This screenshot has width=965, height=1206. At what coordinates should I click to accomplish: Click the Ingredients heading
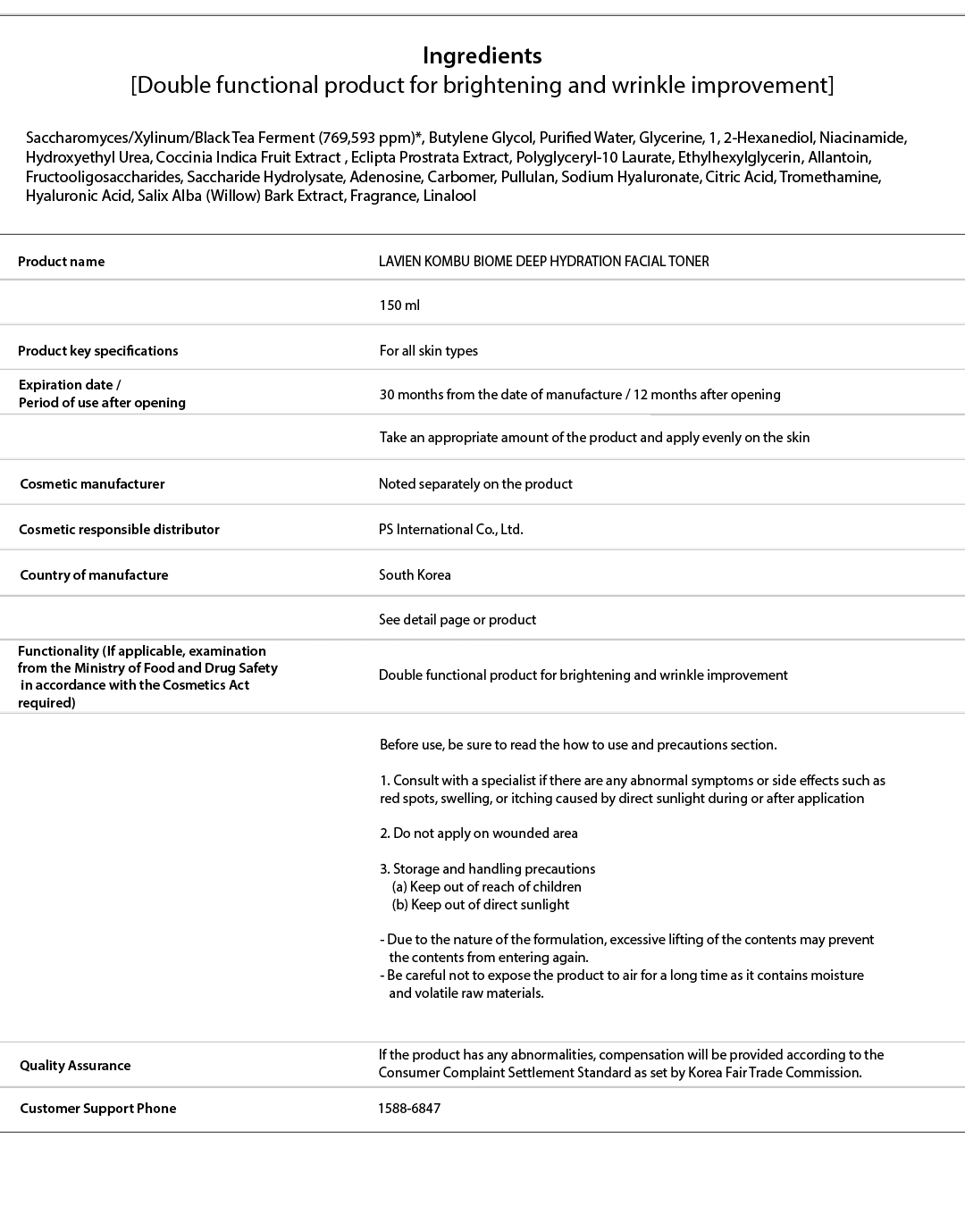482,55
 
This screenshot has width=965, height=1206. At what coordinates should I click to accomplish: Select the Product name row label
61,262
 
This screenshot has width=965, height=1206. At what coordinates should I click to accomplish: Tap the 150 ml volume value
399,306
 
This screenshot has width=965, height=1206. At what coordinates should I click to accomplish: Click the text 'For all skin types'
428,351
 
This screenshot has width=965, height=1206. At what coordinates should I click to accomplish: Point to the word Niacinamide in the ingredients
862,138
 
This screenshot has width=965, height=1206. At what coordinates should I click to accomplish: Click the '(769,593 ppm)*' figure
371,138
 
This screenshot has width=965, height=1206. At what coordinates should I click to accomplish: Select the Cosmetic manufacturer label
92,484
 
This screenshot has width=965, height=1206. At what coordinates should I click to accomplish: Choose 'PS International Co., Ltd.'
450,530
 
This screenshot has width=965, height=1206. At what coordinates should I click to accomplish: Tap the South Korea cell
415,575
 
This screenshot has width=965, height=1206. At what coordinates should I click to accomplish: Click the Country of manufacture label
94,575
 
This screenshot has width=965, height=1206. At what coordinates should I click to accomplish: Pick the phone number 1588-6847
409,1109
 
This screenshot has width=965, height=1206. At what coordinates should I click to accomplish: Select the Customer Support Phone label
97,1109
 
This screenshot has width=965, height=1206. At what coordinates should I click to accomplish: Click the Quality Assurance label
75,1066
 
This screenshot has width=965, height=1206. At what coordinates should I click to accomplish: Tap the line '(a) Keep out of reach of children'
486,887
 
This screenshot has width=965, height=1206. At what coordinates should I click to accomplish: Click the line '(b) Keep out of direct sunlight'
480,905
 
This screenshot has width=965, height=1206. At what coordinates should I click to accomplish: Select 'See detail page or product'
457,620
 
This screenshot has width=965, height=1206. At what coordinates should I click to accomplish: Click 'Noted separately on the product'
475,484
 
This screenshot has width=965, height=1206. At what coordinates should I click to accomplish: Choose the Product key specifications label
97,351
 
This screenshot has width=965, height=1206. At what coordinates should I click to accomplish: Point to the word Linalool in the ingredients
449,197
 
